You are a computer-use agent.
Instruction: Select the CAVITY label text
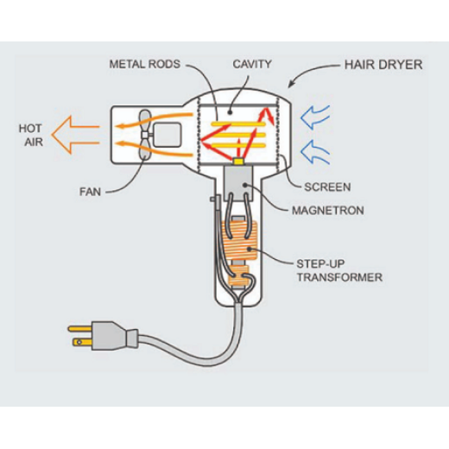click(253, 64)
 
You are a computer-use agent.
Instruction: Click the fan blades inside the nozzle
click(142, 134)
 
